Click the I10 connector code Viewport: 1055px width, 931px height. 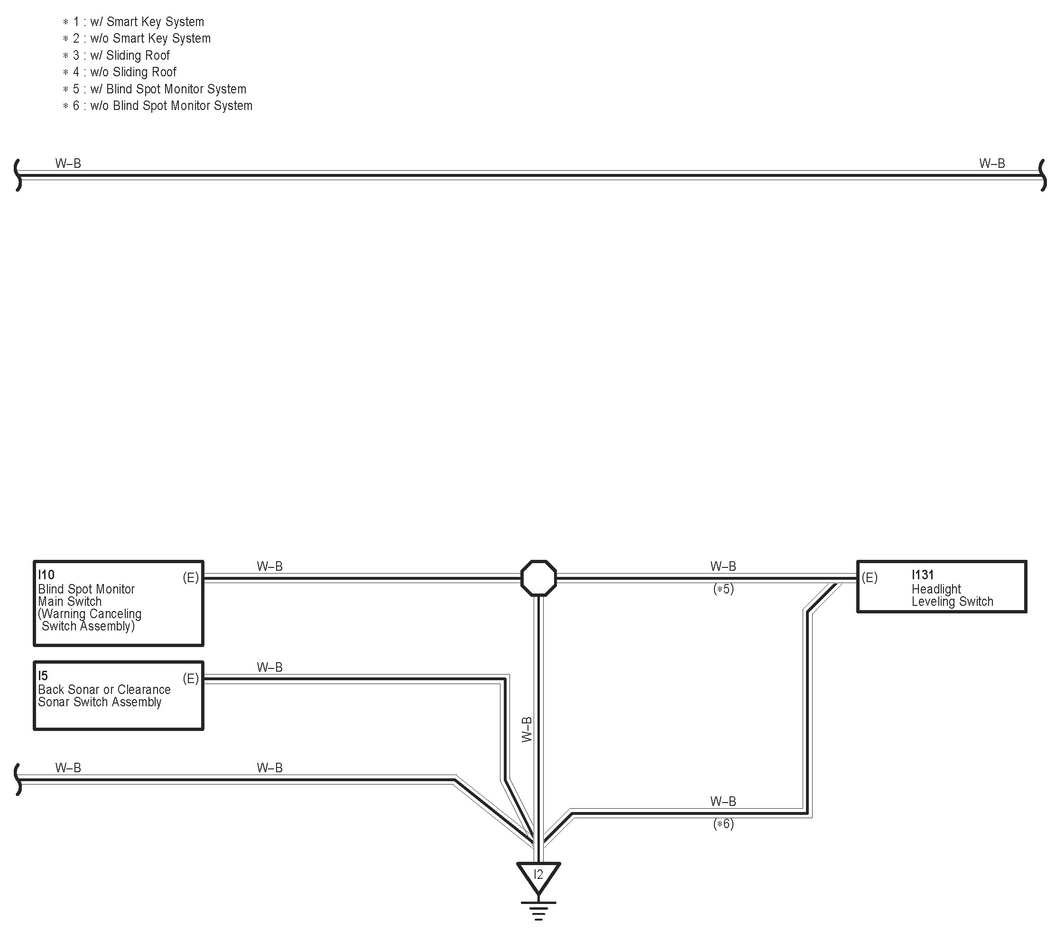46,575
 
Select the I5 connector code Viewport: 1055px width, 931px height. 43,675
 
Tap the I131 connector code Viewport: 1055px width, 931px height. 922,575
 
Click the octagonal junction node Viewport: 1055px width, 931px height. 538,578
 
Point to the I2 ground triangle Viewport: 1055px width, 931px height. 538,876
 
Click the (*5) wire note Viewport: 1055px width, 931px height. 723,589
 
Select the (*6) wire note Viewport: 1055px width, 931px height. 723,824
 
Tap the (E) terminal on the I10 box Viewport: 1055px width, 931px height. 190,578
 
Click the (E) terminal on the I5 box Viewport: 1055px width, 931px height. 190,678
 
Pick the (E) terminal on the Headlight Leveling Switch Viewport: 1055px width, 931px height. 869,578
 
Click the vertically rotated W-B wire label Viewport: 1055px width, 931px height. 527,730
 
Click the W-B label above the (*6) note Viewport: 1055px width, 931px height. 723,801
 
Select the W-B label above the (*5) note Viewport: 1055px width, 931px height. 723,566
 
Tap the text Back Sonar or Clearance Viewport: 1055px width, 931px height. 104,690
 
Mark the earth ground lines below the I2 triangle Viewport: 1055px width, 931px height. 538,912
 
